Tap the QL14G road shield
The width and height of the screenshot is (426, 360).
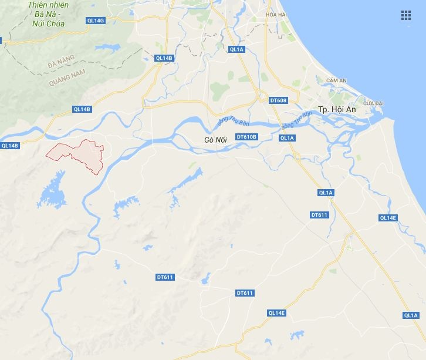(x=94, y=21)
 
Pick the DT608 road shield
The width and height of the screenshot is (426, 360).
(x=278, y=100)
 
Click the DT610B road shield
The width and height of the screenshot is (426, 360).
(x=246, y=137)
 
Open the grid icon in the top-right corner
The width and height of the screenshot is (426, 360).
(x=405, y=15)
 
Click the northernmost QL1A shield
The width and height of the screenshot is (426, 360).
(x=236, y=49)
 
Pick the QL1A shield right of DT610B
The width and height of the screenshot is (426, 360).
(x=287, y=138)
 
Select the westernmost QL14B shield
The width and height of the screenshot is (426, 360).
(x=10, y=146)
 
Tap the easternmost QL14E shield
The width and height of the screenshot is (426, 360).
(x=388, y=218)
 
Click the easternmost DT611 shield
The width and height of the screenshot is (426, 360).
(x=319, y=215)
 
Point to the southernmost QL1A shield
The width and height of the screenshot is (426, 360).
(x=410, y=315)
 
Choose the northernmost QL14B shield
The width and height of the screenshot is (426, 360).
(x=164, y=58)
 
